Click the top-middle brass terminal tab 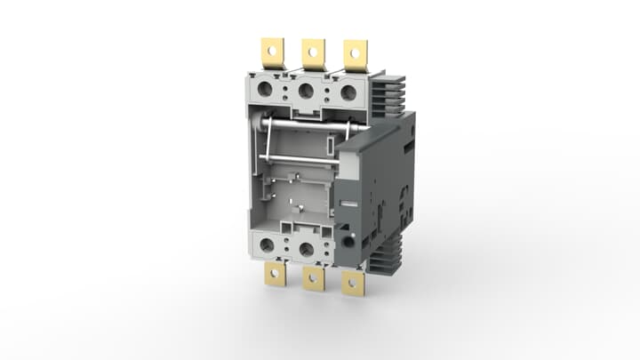[313, 53]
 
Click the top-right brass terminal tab [356, 55]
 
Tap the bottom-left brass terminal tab [274, 275]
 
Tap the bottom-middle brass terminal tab [313, 279]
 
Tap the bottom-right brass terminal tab [353, 284]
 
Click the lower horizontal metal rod [298, 158]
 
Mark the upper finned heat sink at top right [388, 93]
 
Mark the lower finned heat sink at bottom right [388, 258]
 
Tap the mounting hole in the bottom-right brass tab [353, 284]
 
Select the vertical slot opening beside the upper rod [330, 144]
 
